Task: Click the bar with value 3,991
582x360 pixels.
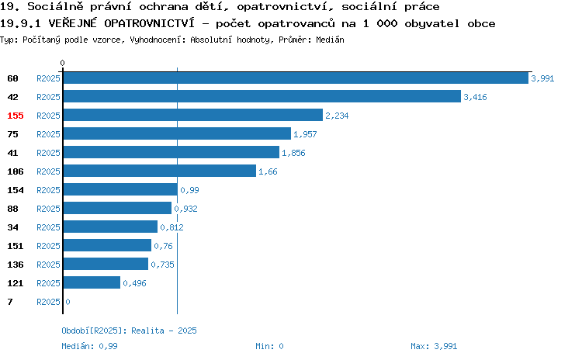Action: click(x=296, y=78)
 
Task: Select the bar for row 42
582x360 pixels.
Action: click(x=262, y=96)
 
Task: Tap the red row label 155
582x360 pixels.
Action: click(x=16, y=116)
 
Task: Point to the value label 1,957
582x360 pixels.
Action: click(x=305, y=134)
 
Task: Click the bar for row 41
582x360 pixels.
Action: click(x=171, y=152)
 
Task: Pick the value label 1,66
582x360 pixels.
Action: click(x=268, y=171)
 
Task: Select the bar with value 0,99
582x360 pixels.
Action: click(x=120, y=189)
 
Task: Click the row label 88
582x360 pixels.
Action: click(x=12, y=209)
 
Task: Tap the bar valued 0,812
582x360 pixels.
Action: click(x=110, y=227)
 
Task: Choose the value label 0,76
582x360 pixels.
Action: click(x=163, y=246)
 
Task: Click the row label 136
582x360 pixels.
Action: click(x=16, y=265)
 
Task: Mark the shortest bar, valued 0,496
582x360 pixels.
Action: click(x=92, y=282)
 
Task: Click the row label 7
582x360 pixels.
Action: click(x=10, y=302)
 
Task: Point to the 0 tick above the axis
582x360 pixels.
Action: click(x=62, y=63)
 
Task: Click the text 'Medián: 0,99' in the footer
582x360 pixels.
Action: click(x=89, y=346)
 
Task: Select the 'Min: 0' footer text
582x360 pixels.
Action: click(x=269, y=346)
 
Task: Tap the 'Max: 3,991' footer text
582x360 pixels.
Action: click(x=434, y=346)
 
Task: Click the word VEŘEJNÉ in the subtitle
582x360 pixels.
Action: click(x=72, y=23)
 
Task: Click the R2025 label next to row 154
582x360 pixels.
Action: click(x=48, y=190)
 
